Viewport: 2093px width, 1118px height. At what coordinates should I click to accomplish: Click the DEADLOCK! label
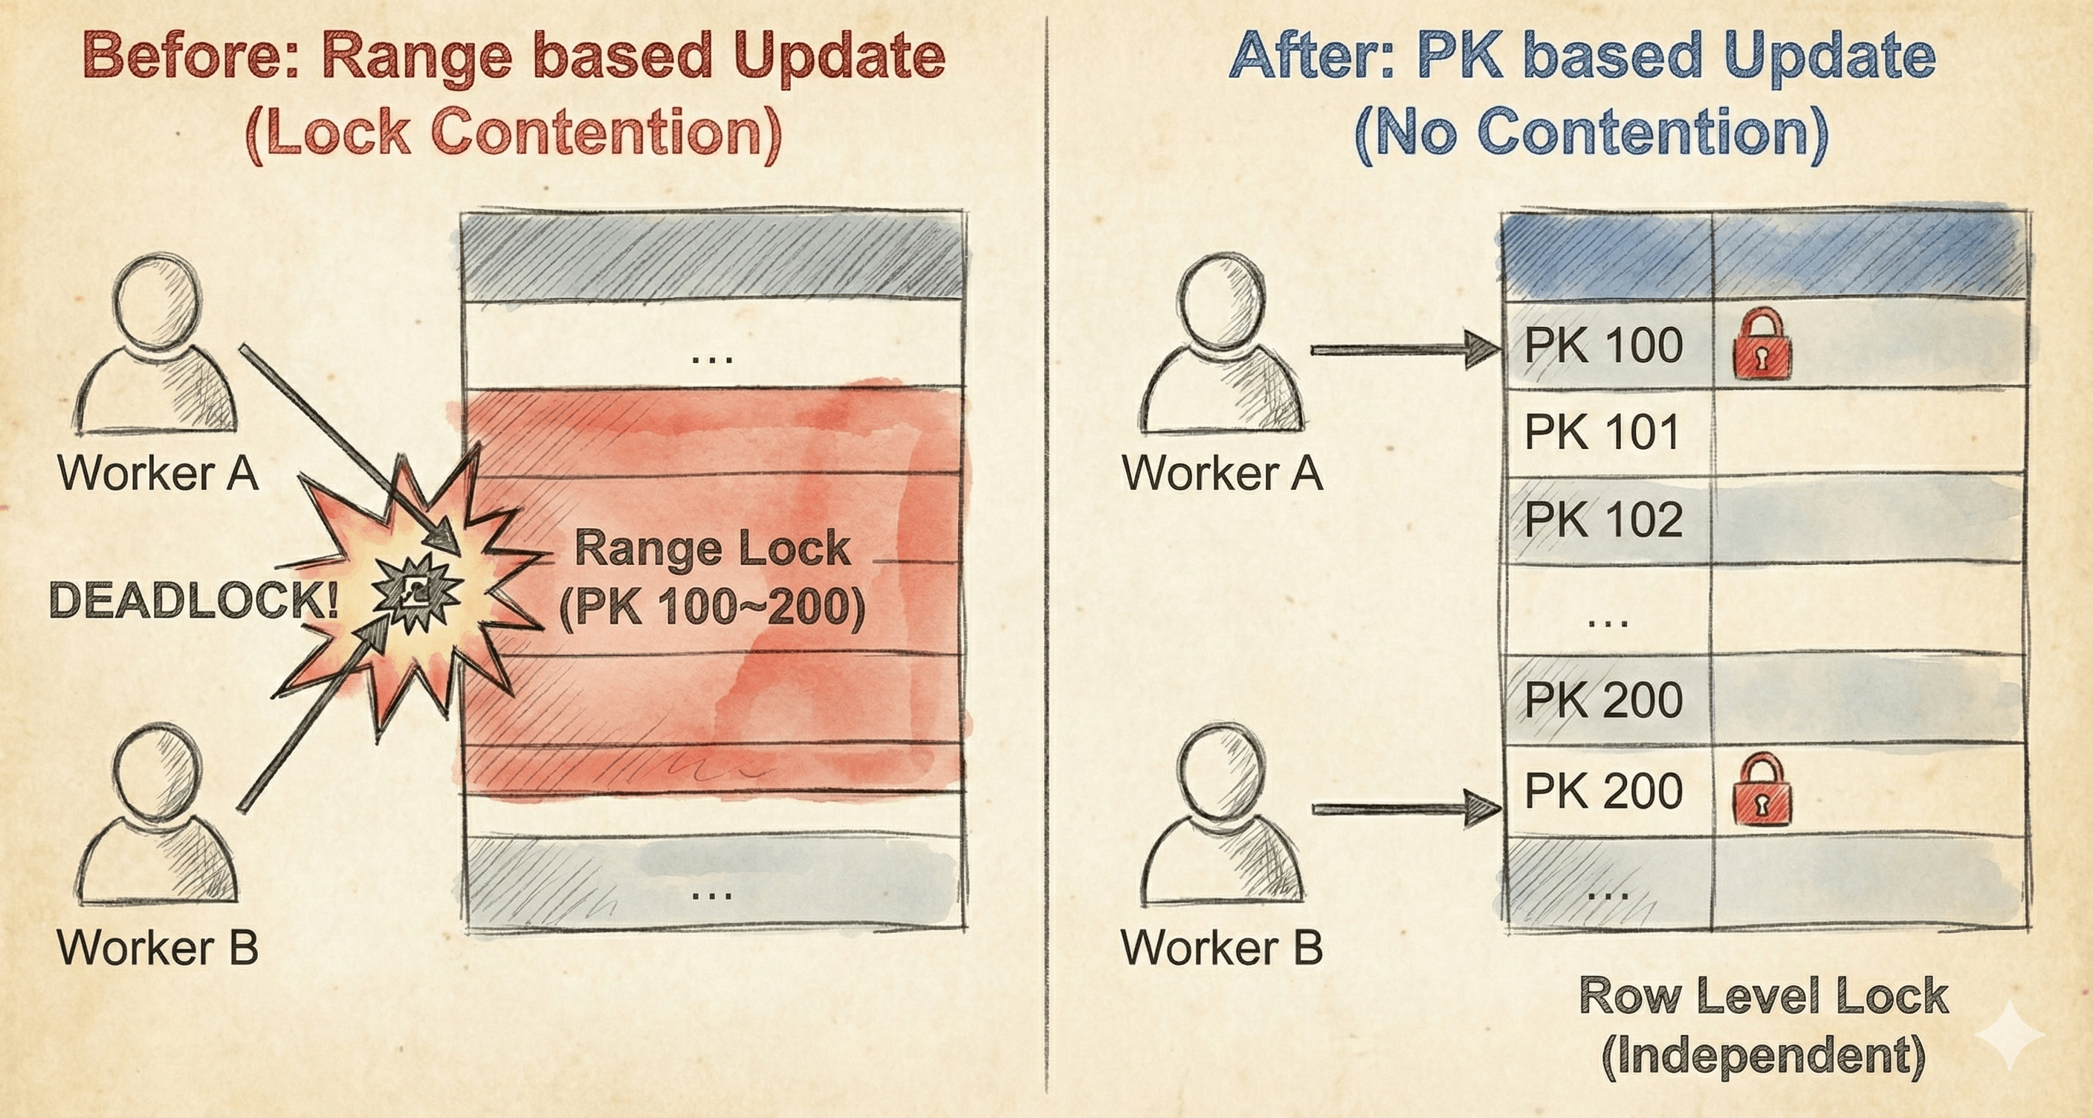[x=194, y=601]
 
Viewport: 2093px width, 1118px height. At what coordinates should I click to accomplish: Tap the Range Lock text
[x=712, y=549]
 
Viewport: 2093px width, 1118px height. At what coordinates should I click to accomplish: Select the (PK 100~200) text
[x=712, y=606]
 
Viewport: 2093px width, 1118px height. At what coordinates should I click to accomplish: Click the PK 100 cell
[x=1603, y=346]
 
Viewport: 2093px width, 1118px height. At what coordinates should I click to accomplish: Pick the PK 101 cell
[x=1602, y=431]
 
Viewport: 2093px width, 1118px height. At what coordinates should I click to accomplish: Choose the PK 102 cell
[x=1603, y=519]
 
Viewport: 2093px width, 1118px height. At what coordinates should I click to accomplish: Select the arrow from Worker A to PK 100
[x=1405, y=350]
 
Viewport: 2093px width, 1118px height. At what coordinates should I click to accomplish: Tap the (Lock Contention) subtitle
[x=514, y=132]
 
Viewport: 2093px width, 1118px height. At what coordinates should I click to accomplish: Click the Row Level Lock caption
[x=1764, y=995]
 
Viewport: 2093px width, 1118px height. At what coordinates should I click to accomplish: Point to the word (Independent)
[x=1764, y=1056]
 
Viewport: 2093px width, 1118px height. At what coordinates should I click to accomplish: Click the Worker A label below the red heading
[x=158, y=473]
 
